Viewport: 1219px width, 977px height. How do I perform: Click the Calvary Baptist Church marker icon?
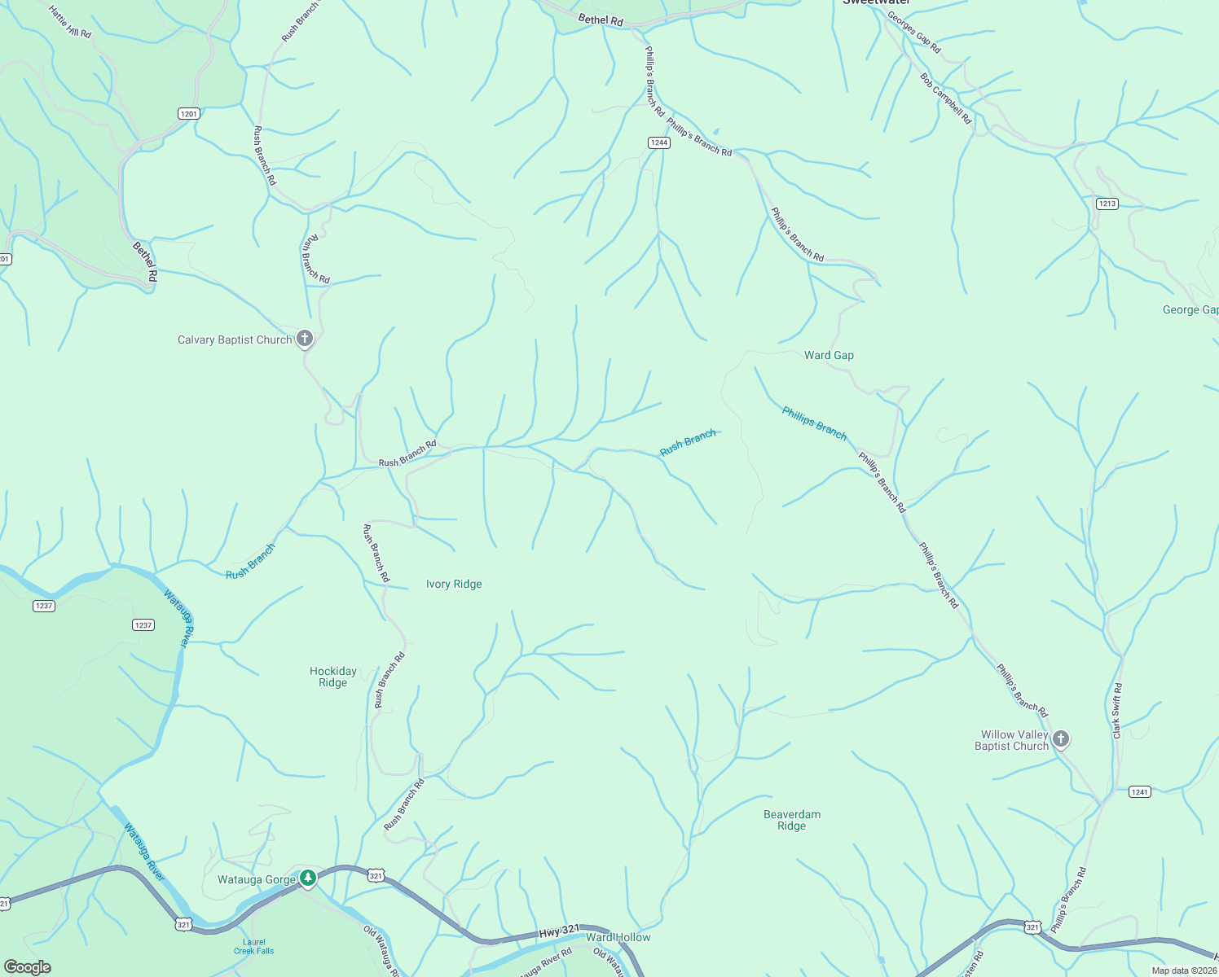pyautogui.click(x=305, y=339)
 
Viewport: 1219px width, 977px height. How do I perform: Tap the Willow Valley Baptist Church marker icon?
pyautogui.click(x=1060, y=739)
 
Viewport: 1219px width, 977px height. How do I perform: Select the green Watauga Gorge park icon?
pyautogui.click(x=307, y=878)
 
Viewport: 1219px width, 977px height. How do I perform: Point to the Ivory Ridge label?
pyautogui.click(x=454, y=585)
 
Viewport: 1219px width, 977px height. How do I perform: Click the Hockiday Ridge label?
pyautogui.click(x=333, y=677)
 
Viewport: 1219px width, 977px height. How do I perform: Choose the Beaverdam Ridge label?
pyautogui.click(x=791, y=820)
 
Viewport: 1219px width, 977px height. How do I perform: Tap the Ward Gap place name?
pyautogui.click(x=829, y=355)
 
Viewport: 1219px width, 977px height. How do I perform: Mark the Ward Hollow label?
pyautogui.click(x=618, y=937)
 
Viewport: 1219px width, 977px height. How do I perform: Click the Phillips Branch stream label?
pyautogui.click(x=814, y=423)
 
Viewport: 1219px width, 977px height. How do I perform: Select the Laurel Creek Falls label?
pyautogui.click(x=254, y=946)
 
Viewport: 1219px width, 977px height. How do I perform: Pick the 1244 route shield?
pyautogui.click(x=658, y=142)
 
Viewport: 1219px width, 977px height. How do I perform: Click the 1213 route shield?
pyautogui.click(x=1107, y=204)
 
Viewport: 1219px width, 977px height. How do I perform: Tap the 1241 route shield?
pyautogui.click(x=1139, y=791)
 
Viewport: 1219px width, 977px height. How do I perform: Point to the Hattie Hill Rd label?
pyautogui.click(x=70, y=22)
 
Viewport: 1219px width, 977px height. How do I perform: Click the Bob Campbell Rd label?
pyautogui.click(x=946, y=99)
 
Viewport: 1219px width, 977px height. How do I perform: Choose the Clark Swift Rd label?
pyautogui.click(x=1117, y=711)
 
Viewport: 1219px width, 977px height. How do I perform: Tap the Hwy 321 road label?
pyautogui.click(x=559, y=931)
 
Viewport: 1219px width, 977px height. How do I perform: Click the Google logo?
pyautogui.click(x=27, y=967)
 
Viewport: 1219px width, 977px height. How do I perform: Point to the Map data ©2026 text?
pyautogui.click(x=1184, y=970)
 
